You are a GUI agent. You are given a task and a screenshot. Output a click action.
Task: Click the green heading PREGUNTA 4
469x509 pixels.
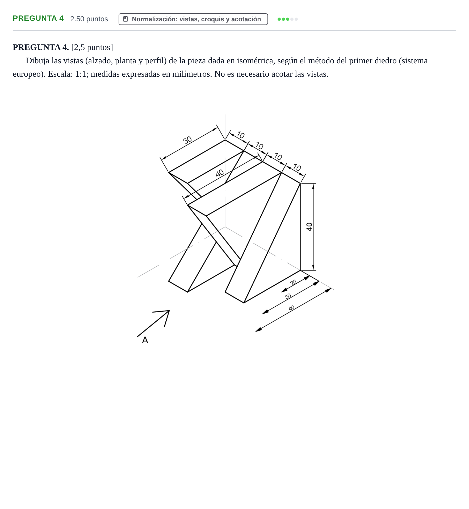pos(38,18)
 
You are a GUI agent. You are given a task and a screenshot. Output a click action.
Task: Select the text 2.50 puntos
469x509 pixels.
pos(89,19)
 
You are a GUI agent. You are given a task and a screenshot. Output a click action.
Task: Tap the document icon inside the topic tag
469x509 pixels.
pos(125,19)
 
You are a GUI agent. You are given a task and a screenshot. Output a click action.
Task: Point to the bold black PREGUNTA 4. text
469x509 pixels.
pos(41,47)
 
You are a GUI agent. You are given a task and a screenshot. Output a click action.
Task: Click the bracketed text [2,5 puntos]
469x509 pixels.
pos(92,47)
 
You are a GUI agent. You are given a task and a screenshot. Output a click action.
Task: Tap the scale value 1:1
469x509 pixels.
pos(81,74)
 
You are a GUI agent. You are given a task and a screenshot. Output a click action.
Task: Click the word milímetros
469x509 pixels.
pos(192,74)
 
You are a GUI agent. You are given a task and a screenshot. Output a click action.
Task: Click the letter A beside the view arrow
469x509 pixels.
pos(145,340)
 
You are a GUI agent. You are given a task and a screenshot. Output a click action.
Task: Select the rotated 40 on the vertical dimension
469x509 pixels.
pos(309,227)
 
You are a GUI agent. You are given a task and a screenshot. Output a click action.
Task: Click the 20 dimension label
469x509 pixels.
pos(293,282)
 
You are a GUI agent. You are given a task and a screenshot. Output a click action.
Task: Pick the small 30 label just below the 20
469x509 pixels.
pos(288,296)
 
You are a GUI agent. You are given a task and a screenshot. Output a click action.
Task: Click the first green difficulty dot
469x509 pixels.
pos(279,19)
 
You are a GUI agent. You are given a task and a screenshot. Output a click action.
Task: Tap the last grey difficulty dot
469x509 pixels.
pos(296,19)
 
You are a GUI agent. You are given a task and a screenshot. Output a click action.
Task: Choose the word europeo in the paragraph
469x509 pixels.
pos(28,74)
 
